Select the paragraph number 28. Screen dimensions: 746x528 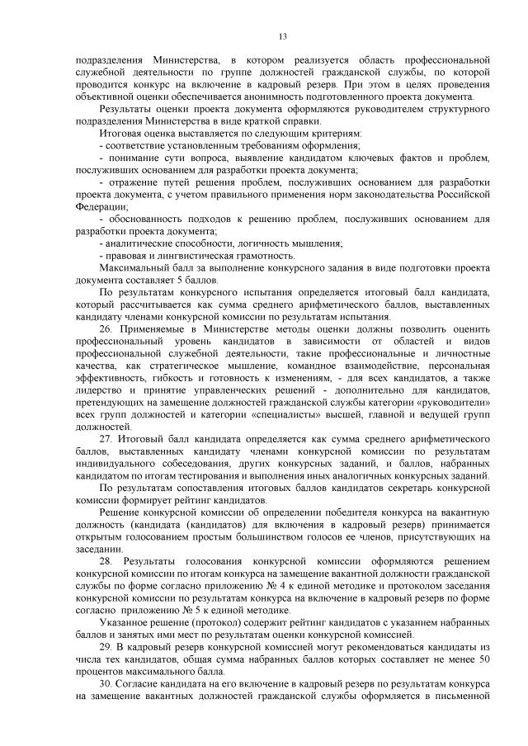pos(105,561)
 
